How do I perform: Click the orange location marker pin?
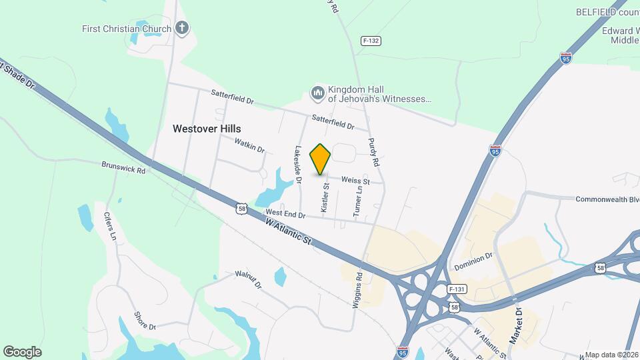[x=321, y=159]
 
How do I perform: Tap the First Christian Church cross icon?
[x=183, y=29]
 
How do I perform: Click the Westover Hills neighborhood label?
[x=207, y=129]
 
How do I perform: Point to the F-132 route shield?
[x=371, y=41]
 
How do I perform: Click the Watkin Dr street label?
[x=249, y=145]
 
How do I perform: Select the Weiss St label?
[x=355, y=181]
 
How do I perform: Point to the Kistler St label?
[x=325, y=198]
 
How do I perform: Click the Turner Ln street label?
[x=358, y=199]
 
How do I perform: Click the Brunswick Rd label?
[x=123, y=167]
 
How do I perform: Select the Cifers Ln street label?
[x=111, y=226]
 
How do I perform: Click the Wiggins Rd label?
[x=358, y=289]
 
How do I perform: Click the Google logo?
[x=22, y=351]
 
